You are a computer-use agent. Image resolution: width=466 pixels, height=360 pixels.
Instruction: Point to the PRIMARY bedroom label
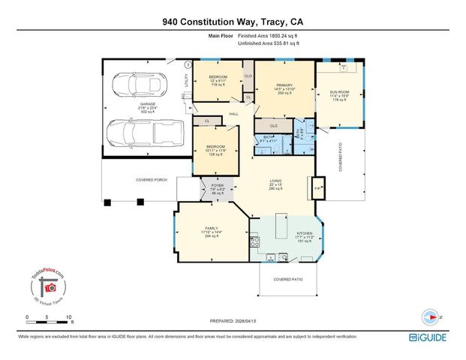(281, 88)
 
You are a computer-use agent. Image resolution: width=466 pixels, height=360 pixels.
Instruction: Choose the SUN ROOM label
(339, 93)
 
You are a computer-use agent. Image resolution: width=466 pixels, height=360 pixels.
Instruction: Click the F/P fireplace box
(317, 188)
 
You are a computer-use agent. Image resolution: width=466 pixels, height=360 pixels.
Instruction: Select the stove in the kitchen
(255, 242)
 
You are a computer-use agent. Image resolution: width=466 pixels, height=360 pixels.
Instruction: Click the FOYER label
(218, 185)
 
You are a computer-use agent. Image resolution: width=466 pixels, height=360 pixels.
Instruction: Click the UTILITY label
(187, 79)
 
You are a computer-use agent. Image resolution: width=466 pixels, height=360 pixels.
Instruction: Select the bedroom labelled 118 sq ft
(218, 81)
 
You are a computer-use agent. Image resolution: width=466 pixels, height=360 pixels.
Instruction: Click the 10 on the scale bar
(69, 318)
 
